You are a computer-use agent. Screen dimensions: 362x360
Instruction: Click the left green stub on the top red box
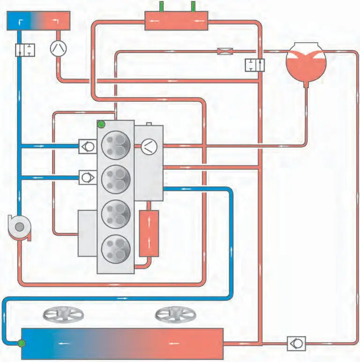162,7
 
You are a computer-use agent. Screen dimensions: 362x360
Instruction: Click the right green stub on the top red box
192,7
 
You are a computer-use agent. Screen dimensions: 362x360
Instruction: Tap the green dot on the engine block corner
101,124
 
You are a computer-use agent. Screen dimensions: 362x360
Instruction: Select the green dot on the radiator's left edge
22,344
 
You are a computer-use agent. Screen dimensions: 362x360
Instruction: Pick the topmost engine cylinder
116,143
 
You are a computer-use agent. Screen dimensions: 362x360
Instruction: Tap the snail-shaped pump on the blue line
19,228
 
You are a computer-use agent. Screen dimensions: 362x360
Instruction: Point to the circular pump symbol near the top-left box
59,48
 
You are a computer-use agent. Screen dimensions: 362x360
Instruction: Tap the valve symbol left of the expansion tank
255,65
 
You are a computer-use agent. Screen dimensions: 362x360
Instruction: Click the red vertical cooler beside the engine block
149,233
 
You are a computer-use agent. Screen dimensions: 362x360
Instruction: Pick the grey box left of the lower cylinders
87,233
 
